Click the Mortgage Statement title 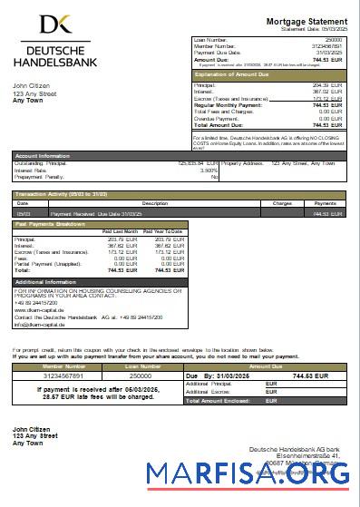(306, 21)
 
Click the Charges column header (281, 203)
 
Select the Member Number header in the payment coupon (63, 366)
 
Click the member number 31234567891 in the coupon (63, 374)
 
